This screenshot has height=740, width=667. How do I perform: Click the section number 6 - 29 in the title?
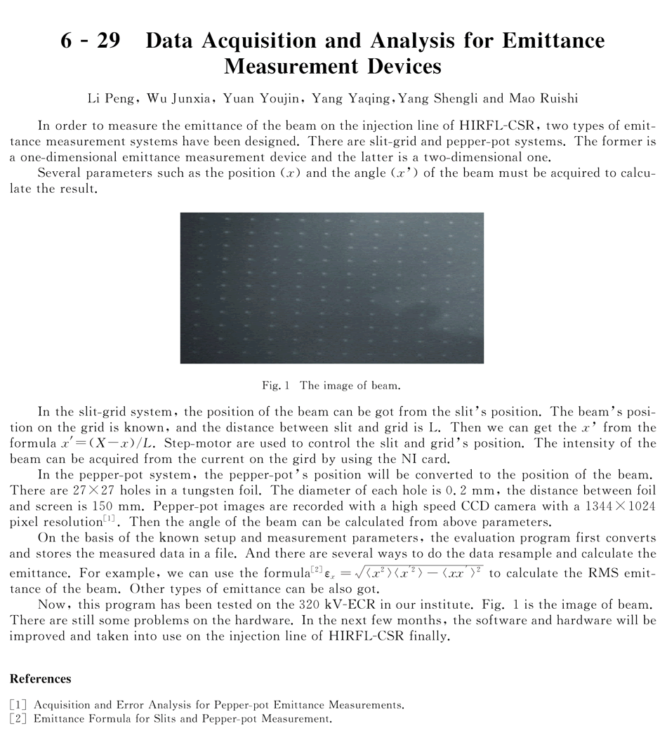pyautogui.click(x=89, y=41)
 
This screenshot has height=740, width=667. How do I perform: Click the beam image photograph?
pyautogui.click(x=332, y=288)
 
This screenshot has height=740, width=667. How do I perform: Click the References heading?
pyautogui.click(x=40, y=679)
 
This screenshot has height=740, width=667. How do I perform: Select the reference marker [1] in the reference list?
pyautogui.click(x=19, y=704)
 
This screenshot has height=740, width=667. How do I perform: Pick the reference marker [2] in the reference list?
pyautogui.click(x=19, y=718)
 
